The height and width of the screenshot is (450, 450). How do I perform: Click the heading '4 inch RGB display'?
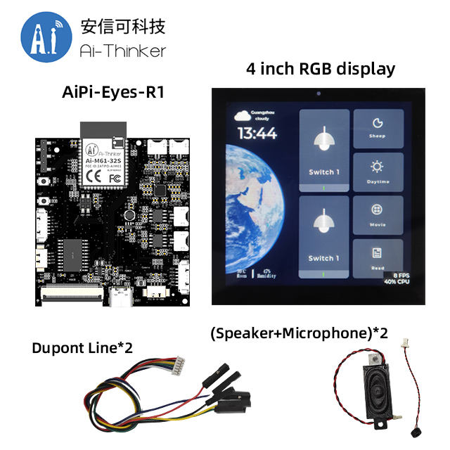tap(320, 70)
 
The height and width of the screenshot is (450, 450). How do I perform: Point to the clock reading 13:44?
tap(257, 134)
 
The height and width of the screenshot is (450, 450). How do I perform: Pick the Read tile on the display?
tap(378, 257)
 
